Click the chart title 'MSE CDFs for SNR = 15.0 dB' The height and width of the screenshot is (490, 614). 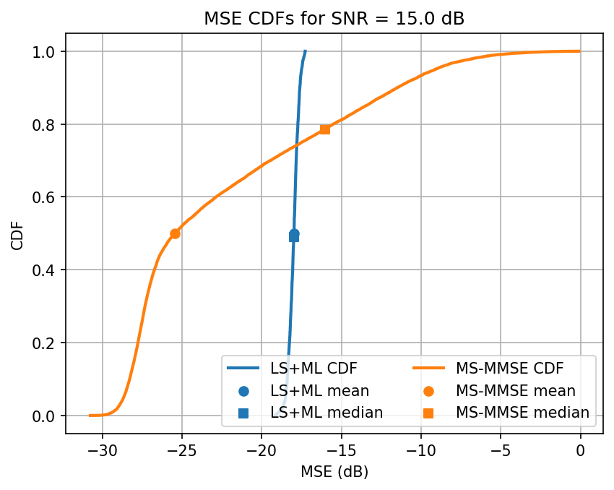tap(334, 19)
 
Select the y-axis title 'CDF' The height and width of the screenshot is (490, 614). tap(17, 233)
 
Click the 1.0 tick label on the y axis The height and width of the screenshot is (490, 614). tap(47, 51)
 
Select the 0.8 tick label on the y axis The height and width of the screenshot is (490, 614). tap(47, 124)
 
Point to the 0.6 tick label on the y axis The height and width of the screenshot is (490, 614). tap(47, 197)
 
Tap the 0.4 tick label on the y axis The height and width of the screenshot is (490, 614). tap(47, 270)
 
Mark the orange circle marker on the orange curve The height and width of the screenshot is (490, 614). tap(175, 233)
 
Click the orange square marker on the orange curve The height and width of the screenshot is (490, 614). tap(325, 129)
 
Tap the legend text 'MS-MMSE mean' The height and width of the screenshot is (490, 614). tap(516, 391)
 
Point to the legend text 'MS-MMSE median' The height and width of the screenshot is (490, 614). tap(522, 413)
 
